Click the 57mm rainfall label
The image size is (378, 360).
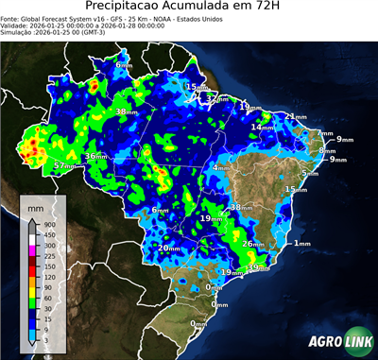click(64, 165)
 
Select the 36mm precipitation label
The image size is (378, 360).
click(95, 156)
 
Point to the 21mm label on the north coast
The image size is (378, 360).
click(297, 116)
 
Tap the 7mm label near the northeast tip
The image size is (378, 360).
click(325, 133)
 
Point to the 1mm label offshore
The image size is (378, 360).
click(302, 244)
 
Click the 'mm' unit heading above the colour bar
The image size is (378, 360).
click(35, 204)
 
